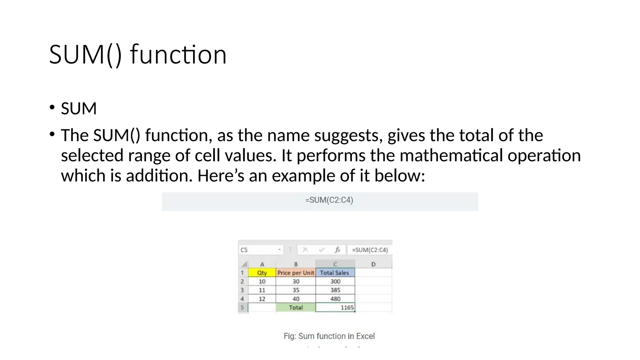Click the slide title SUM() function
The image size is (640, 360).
(137, 55)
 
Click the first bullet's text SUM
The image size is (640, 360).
(79, 109)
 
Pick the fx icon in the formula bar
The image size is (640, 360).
(337, 250)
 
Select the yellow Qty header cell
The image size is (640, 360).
(262, 273)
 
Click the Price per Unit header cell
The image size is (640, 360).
(296, 273)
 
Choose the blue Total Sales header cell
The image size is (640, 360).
(335, 273)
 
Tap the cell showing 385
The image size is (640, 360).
(335, 290)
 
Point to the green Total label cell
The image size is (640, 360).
(296, 307)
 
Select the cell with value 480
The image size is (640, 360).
(335, 299)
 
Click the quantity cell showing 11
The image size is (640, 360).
(262, 290)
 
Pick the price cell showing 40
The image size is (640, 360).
(296, 299)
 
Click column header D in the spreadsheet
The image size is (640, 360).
(373, 264)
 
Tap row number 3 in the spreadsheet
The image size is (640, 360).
(242, 290)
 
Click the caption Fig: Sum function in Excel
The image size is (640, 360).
(329, 336)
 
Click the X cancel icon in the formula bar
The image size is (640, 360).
(305, 250)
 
